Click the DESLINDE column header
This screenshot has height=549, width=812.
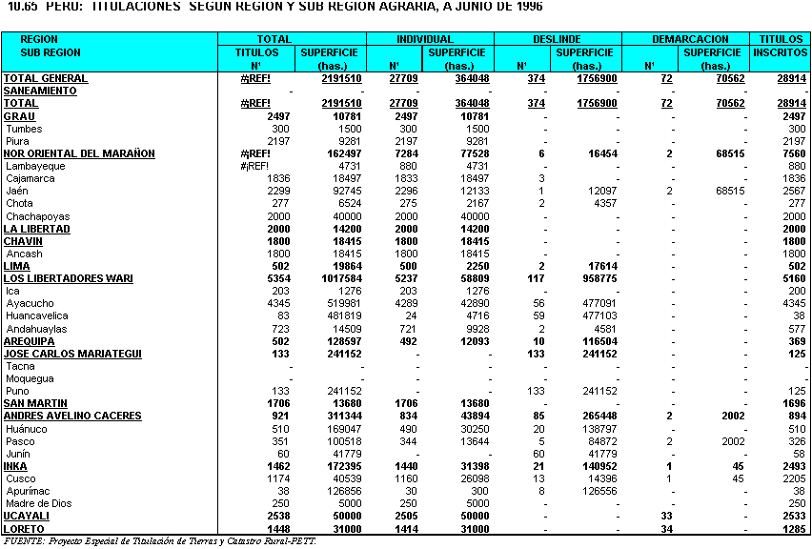[x=558, y=39]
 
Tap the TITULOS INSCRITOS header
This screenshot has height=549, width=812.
[x=780, y=46]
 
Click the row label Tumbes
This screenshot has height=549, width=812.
[x=23, y=129]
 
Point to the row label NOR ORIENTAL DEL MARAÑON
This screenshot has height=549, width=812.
[x=78, y=153]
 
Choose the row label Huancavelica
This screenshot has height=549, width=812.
[x=36, y=315]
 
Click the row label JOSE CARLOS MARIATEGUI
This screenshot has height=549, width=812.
[x=72, y=354]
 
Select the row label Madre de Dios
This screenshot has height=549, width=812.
[x=40, y=503]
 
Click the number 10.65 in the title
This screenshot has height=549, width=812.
[x=21, y=7]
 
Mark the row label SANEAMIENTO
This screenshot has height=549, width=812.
[x=40, y=91]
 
